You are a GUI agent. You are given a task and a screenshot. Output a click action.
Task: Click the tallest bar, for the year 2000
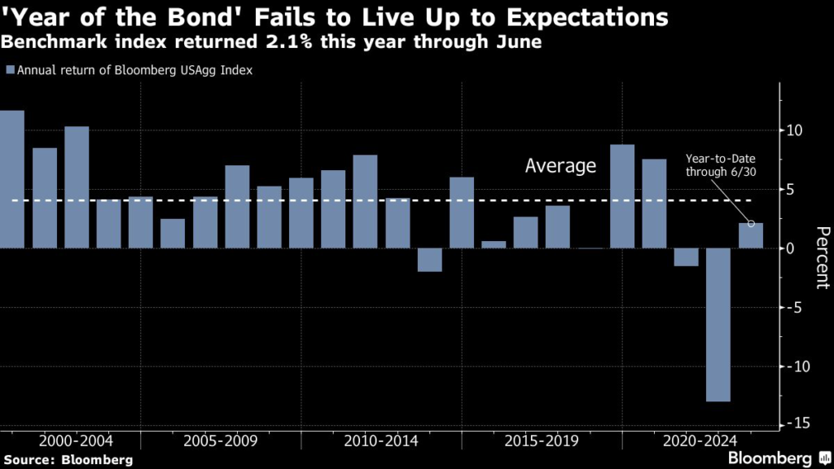[11, 179]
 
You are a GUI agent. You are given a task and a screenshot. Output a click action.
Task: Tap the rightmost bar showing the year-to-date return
[750, 235]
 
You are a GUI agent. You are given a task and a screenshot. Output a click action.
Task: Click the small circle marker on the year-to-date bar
[751, 223]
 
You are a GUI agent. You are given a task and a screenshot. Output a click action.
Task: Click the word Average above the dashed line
[560, 167]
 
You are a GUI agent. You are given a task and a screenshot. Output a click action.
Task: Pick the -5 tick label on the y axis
[796, 308]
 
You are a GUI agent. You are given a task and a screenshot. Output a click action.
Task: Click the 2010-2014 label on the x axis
[381, 441]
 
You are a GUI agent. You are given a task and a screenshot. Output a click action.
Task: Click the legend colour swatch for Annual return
[9, 71]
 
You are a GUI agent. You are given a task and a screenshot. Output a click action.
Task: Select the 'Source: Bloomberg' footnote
[67, 460]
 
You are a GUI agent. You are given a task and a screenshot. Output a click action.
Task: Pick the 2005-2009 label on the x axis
[221, 441]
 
